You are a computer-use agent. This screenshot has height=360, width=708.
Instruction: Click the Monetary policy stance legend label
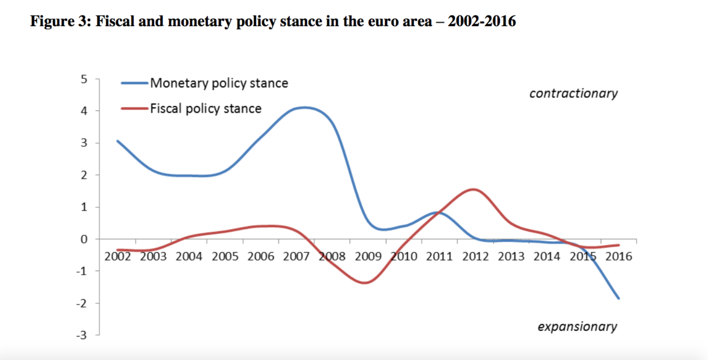(x=219, y=83)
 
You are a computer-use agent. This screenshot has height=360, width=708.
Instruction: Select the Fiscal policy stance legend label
(x=206, y=108)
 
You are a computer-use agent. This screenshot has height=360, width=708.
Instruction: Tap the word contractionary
(x=573, y=94)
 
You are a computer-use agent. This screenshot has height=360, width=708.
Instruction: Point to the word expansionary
(x=577, y=327)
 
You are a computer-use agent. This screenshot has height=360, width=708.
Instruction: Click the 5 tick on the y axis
(x=84, y=79)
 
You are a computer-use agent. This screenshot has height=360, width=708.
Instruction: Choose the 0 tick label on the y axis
(x=84, y=239)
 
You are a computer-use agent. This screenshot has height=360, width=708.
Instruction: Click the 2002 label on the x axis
(x=118, y=256)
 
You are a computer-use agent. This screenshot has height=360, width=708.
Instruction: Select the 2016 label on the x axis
(x=618, y=256)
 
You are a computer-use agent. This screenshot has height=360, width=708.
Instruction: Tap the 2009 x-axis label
(x=368, y=256)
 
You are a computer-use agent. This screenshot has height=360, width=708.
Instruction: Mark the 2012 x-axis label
(x=476, y=256)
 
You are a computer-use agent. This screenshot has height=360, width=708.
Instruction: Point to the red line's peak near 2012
(x=474, y=190)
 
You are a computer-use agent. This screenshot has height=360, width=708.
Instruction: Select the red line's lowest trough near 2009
(x=365, y=283)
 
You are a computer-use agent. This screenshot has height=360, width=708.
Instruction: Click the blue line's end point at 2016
(x=619, y=298)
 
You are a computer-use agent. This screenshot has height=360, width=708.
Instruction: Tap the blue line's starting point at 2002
(x=118, y=141)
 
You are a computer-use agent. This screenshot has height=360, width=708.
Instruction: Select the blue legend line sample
(x=135, y=83)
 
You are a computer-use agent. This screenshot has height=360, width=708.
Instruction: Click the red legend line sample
(x=135, y=108)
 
